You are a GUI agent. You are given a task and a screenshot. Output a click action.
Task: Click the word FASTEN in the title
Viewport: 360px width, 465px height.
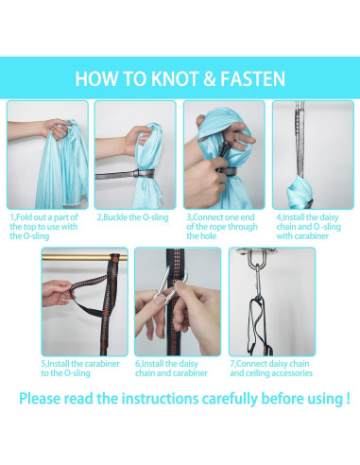[252, 78]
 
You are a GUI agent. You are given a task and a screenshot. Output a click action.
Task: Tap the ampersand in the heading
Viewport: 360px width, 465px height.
[209, 78]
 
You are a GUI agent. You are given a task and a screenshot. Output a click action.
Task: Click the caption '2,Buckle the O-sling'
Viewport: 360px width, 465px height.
[132, 217]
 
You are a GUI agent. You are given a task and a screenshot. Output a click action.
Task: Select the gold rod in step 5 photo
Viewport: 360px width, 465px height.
[84, 258]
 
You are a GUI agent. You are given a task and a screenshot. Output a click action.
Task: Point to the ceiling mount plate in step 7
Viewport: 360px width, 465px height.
[257, 251]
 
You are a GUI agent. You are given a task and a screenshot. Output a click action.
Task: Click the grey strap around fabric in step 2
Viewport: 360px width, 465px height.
[126, 174]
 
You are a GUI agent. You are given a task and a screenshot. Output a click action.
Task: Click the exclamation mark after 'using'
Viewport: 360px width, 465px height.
[348, 398]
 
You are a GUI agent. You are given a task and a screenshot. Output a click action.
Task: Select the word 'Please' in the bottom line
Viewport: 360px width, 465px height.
[40, 398]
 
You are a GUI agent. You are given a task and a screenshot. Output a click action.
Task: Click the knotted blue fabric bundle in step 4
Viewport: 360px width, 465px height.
[300, 192]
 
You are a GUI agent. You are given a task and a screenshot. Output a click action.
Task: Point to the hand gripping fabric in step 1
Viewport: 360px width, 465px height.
[57, 129]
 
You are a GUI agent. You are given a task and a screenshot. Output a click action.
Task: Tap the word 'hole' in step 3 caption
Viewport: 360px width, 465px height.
[209, 236]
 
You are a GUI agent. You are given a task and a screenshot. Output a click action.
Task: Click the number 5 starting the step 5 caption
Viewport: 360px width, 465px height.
[43, 364]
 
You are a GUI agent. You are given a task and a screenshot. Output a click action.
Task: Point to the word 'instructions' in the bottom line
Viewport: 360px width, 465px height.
[160, 398]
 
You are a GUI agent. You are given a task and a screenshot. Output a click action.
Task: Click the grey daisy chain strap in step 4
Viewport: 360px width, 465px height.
[300, 139]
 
